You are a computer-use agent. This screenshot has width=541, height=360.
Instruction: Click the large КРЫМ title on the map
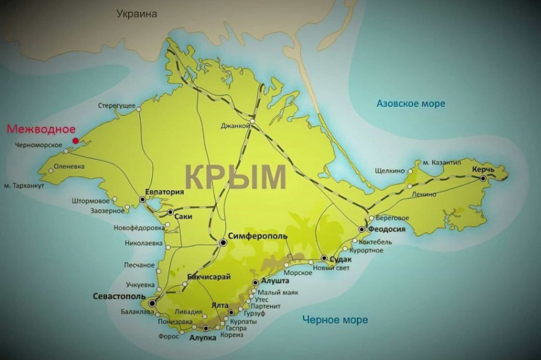coord(235,176)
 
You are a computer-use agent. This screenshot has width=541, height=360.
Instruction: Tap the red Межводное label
coord(41,129)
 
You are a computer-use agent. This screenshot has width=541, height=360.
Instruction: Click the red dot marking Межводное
coord(75,141)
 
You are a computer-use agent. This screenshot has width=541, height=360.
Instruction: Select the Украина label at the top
coord(137,13)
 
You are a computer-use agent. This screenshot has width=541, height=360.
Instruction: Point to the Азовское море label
coord(411,103)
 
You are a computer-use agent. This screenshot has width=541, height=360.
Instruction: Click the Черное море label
coord(335,320)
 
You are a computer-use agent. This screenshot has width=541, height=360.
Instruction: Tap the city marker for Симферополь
coord(223,242)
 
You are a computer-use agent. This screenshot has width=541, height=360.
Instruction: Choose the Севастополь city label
coord(119,296)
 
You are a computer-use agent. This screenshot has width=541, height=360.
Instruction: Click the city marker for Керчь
coord(483,179)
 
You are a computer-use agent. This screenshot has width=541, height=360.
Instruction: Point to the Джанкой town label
coord(235,126)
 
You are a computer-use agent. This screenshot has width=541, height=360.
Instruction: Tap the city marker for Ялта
coord(231,312)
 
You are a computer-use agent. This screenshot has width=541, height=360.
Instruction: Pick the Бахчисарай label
coord(209,277)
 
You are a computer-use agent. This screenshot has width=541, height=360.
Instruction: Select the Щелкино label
coord(390,170)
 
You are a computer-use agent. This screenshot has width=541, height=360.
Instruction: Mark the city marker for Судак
coord(324,258)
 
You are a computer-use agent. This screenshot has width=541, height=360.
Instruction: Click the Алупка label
coord(203,338)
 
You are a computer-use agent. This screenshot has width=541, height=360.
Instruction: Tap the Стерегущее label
coord(116,106)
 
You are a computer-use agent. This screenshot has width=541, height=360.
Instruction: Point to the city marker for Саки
coord(171,212)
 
